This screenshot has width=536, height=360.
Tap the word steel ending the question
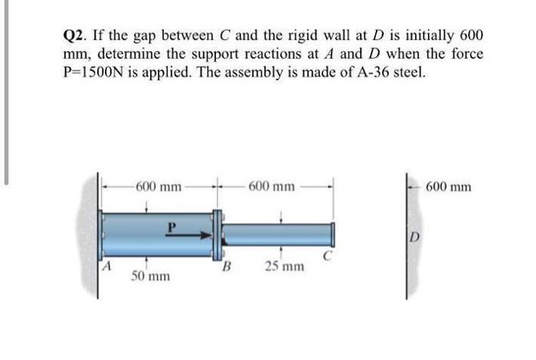[410, 72]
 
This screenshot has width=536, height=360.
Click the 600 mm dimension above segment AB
[159, 187]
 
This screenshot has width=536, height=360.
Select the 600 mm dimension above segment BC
[271, 187]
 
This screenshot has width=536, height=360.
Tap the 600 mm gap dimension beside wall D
[449, 187]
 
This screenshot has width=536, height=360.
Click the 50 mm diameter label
[151, 276]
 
